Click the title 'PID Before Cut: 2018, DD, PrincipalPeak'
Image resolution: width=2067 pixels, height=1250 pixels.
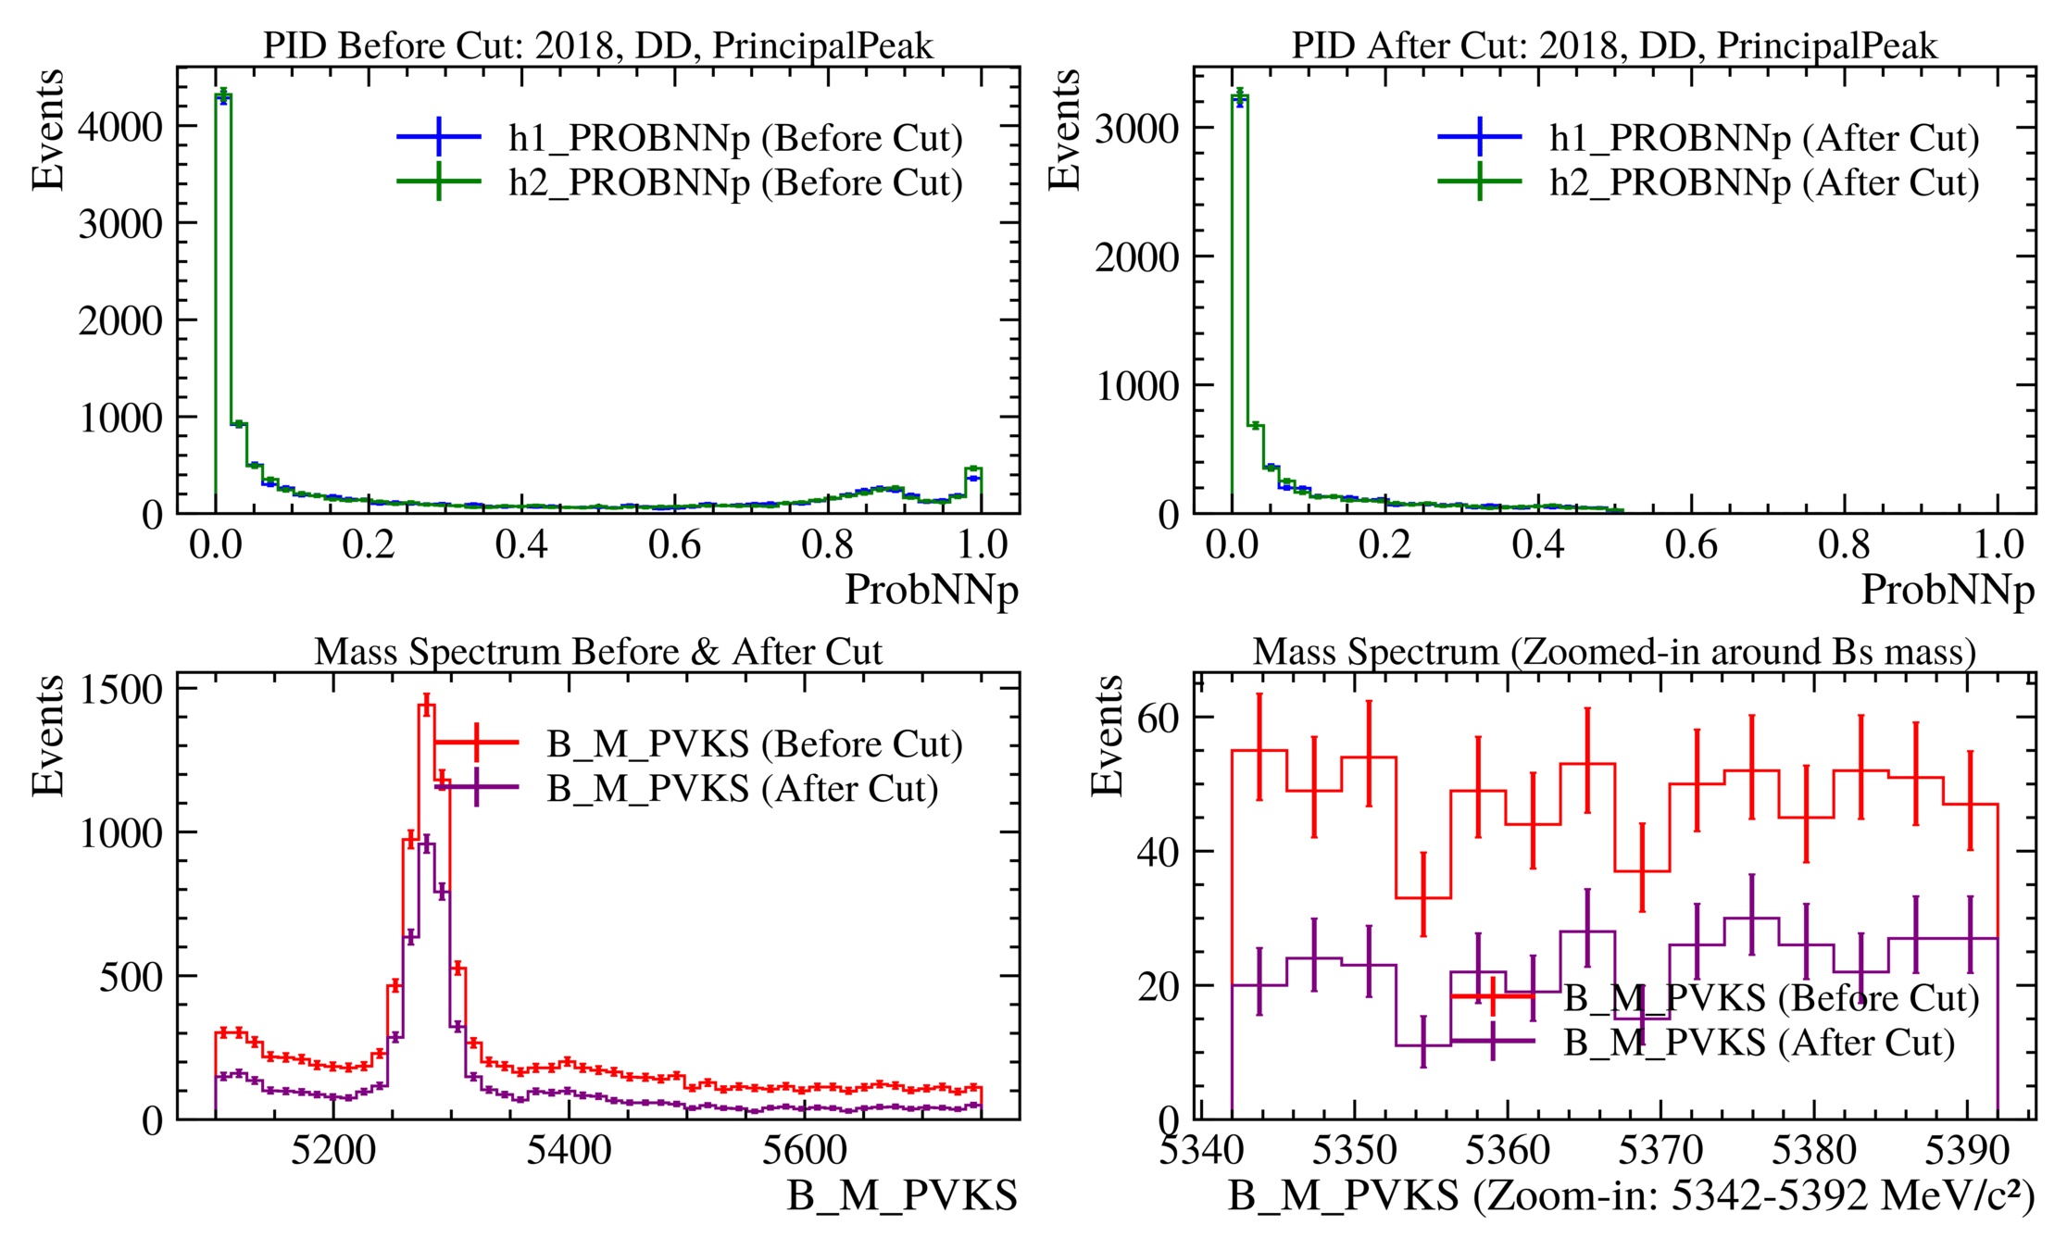[x=597, y=45]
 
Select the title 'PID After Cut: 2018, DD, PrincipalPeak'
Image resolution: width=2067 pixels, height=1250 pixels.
[x=1613, y=45]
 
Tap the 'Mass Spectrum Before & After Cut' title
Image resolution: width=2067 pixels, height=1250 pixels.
[x=597, y=652]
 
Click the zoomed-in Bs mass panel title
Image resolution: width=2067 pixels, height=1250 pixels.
[x=1613, y=652]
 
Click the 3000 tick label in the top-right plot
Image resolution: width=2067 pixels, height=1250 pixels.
[x=1137, y=128]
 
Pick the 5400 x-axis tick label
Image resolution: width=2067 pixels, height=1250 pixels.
[x=569, y=1151]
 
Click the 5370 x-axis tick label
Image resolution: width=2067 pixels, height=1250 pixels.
[x=1660, y=1151]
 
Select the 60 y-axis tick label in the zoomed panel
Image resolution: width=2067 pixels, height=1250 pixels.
[x=1158, y=718]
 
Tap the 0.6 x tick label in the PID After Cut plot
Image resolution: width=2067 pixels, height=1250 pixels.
[x=1691, y=544]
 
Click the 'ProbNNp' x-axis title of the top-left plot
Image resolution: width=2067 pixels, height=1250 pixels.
[x=931, y=590]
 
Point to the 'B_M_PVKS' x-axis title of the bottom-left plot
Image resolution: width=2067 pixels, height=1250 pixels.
[x=902, y=1195]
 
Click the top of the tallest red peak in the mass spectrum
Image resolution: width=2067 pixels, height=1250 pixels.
[x=426, y=705]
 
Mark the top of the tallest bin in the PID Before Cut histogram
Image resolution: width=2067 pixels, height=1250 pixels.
[x=223, y=94]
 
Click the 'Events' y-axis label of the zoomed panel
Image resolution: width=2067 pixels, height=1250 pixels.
[x=1107, y=736]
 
